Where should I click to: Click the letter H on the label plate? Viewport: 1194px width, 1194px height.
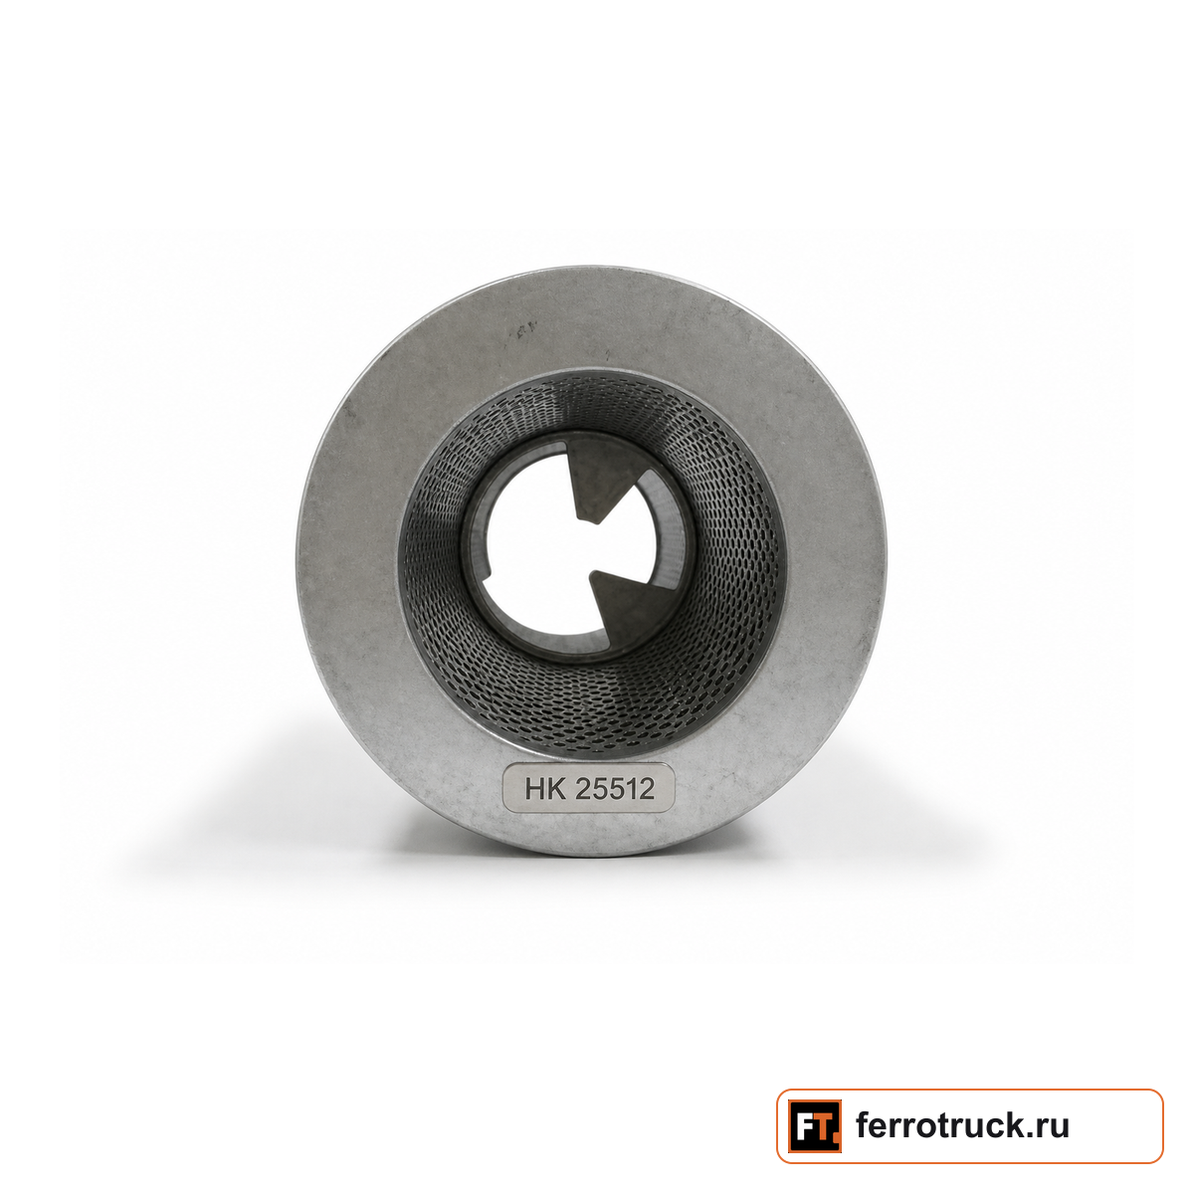(534, 789)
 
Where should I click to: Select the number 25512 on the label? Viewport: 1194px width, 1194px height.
(615, 789)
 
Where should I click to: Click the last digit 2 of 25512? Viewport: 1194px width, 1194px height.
(647, 789)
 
